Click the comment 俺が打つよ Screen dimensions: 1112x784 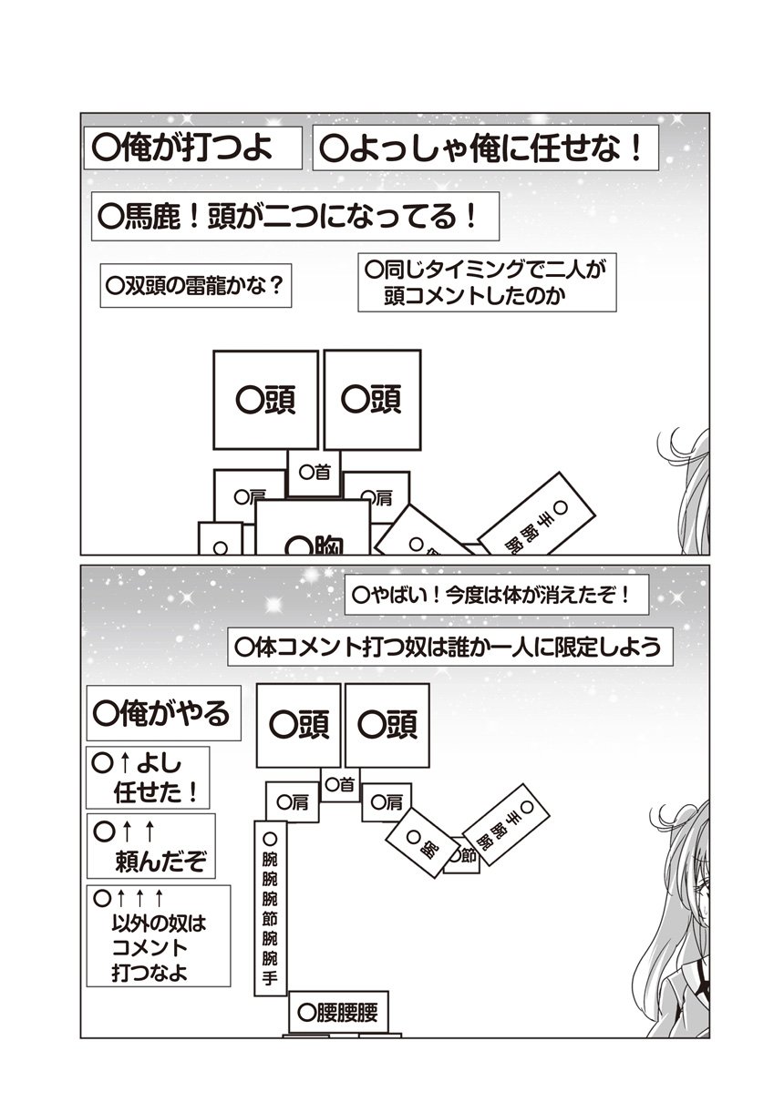coord(192,148)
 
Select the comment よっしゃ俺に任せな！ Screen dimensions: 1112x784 coord(484,148)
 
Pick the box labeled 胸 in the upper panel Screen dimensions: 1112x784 coord(312,533)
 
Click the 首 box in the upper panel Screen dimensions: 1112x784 coord(315,472)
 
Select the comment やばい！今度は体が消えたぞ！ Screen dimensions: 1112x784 coord(498,597)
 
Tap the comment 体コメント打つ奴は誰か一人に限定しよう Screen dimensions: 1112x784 coord(452,648)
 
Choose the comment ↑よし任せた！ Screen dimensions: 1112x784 coord(148,776)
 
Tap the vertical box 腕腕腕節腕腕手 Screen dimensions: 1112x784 coord(269,911)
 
